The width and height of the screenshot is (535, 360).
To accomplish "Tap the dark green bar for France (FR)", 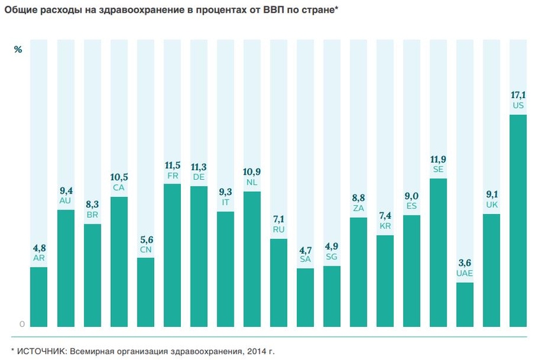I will [x=172, y=254].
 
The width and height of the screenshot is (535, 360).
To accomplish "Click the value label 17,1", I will [x=518, y=95].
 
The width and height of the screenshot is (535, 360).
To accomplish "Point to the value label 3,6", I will [x=465, y=263].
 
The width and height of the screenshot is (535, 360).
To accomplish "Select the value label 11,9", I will [x=438, y=159].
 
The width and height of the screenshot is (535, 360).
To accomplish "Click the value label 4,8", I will [x=39, y=248].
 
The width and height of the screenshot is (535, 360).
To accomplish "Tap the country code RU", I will [x=278, y=229].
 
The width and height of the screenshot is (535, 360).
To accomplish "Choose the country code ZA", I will [x=358, y=208].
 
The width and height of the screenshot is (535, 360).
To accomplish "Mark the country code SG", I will [x=332, y=257].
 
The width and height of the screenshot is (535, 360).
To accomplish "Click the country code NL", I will [x=252, y=182].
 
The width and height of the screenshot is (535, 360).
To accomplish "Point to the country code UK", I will [x=491, y=205].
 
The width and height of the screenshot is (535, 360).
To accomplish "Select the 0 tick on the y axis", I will [x=22, y=324].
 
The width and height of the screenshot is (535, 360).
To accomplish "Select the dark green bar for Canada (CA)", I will [x=119, y=261].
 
